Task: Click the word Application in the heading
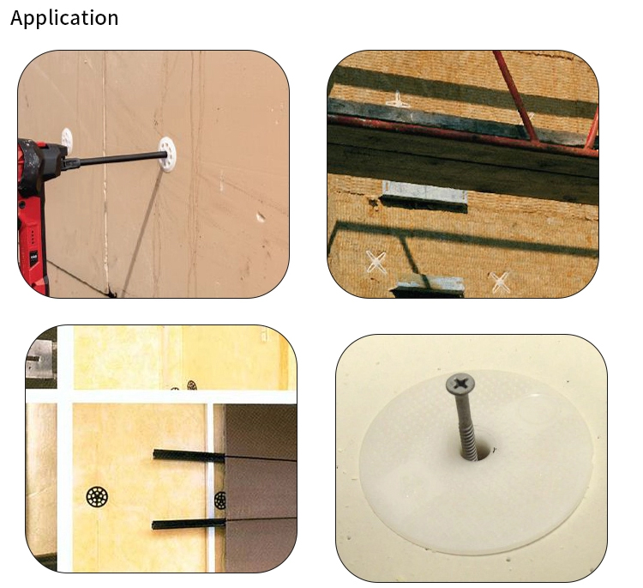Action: (64, 18)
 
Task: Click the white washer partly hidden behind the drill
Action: (67, 137)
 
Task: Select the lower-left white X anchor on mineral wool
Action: (376, 261)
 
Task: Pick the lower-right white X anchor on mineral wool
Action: (500, 280)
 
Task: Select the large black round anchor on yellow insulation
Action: (95, 496)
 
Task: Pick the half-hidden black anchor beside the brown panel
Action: (220, 500)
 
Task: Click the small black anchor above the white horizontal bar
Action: (193, 385)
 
